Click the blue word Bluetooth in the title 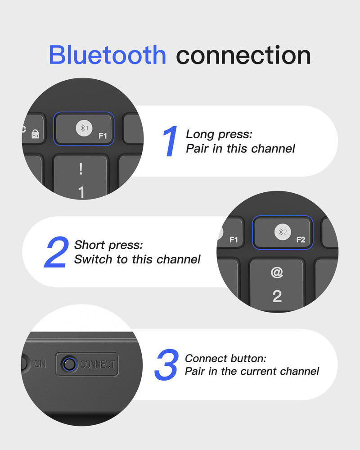click(x=108, y=55)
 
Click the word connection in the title click(x=243, y=55)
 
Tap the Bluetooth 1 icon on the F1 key click(x=84, y=128)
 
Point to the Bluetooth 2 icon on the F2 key click(x=283, y=232)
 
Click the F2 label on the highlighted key click(x=301, y=240)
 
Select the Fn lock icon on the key click(x=35, y=134)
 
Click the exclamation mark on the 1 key click(x=81, y=169)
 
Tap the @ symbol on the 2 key click(x=277, y=272)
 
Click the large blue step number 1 click(x=170, y=141)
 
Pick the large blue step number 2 click(x=57, y=252)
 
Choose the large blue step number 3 click(x=166, y=365)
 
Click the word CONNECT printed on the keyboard click(x=98, y=364)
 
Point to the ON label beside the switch click(x=40, y=364)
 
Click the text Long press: click(x=219, y=134)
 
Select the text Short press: click(x=108, y=245)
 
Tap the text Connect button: click(x=225, y=359)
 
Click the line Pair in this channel click(x=240, y=149)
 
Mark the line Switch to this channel click(x=137, y=259)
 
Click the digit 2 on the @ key click(x=277, y=296)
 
